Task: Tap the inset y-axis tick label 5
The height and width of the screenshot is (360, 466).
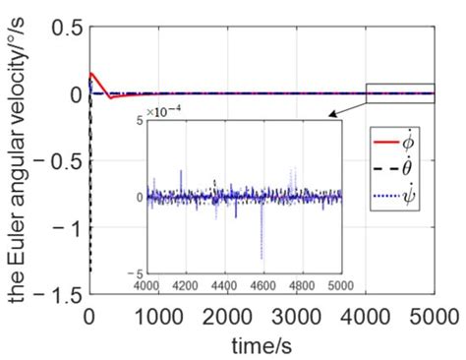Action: pos(140,120)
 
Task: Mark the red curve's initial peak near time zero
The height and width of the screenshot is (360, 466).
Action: pos(90,73)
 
